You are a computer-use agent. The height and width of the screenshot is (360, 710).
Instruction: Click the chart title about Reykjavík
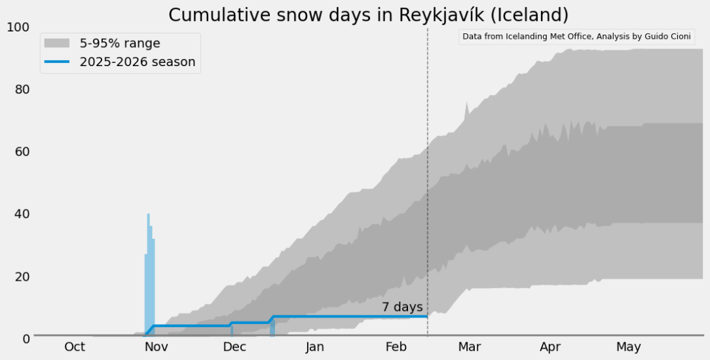(368, 14)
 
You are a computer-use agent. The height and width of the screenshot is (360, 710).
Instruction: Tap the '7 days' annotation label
(402, 306)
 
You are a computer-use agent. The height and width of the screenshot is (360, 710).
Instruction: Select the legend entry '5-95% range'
(120, 43)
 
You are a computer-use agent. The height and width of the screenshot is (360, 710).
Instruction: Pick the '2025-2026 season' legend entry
(137, 62)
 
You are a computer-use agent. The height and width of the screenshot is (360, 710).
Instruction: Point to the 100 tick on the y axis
(19, 27)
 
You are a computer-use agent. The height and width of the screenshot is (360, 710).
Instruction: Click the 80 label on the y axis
(22, 89)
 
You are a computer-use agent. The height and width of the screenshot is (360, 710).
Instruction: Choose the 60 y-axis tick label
(22, 151)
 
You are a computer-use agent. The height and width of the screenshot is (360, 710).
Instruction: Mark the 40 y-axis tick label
(22, 213)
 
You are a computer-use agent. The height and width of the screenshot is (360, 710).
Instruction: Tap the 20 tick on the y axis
(22, 276)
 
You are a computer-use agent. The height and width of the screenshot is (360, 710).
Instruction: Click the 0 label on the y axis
(26, 338)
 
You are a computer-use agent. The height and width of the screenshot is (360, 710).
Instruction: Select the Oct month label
(75, 347)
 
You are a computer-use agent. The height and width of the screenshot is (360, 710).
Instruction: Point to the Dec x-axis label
(234, 347)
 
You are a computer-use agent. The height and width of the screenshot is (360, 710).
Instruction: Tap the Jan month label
(314, 347)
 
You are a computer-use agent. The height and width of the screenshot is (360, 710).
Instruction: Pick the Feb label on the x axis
(396, 347)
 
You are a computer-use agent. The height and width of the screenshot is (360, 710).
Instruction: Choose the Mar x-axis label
(470, 347)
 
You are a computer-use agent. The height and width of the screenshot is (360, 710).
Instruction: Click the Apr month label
(550, 347)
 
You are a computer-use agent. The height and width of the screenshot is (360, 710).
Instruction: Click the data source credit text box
(576, 37)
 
